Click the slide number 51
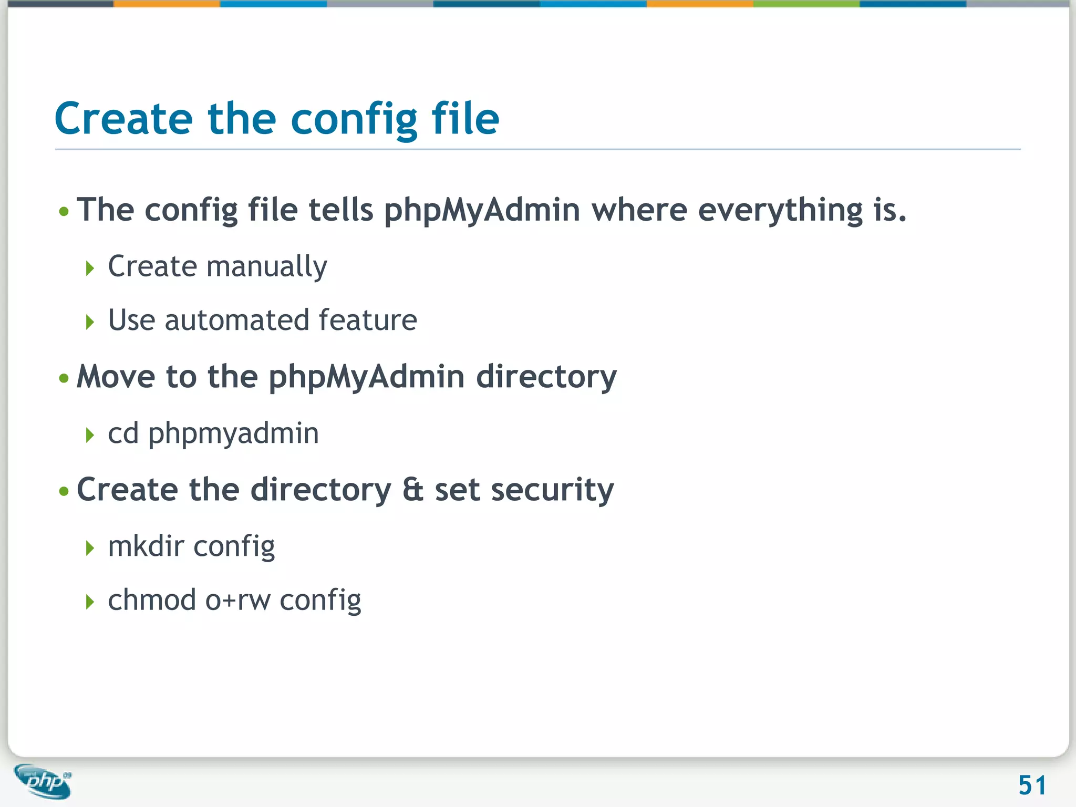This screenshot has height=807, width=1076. [1032, 785]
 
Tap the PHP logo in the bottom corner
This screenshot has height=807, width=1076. [44, 781]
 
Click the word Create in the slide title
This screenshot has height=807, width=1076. [124, 119]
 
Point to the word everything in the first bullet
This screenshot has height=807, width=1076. [780, 210]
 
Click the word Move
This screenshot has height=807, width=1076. [116, 377]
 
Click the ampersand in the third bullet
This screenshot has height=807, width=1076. [413, 490]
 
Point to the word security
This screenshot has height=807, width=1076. [552, 490]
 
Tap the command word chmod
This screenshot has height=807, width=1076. [152, 601]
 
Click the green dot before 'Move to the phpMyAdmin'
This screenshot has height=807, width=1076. [64, 378]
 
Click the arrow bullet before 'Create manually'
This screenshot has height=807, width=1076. [90, 268]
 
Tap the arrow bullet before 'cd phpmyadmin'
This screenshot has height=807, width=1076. [90, 435]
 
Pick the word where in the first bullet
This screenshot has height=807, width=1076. [639, 210]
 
